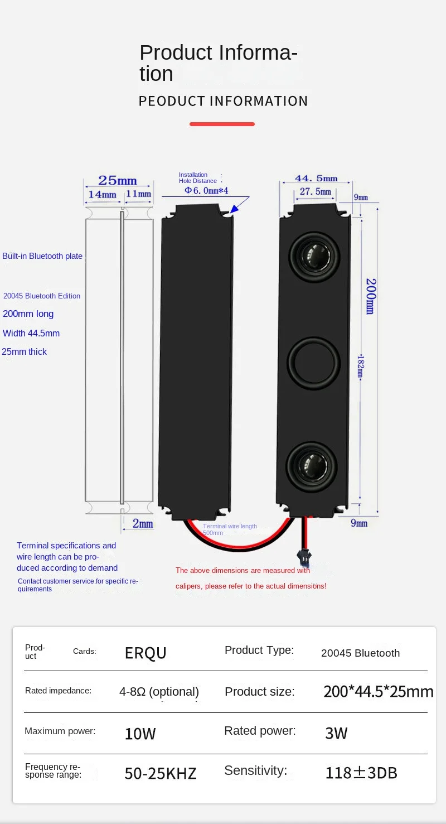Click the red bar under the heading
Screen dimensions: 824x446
(222, 124)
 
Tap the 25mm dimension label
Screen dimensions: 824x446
(118, 181)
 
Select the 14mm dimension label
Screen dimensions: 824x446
(102, 195)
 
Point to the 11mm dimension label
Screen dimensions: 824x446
(138, 194)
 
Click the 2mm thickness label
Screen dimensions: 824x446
(143, 524)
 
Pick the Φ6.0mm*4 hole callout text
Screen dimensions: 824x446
(206, 191)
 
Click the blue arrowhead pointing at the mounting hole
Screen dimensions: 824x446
(235, 209)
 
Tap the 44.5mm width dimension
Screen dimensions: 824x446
(316, 179)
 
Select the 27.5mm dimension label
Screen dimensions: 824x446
(316, 192)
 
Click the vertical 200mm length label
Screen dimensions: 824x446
(370, 296)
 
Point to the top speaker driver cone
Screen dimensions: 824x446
(314, 256)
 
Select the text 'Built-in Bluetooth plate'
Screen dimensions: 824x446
(42, 256)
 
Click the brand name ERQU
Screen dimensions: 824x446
(146, 653)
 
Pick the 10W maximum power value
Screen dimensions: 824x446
(140, 734)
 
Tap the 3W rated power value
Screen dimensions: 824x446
(336, 733)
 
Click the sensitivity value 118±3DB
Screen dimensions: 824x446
(361, 773)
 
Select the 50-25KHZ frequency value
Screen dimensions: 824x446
(161, 774)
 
